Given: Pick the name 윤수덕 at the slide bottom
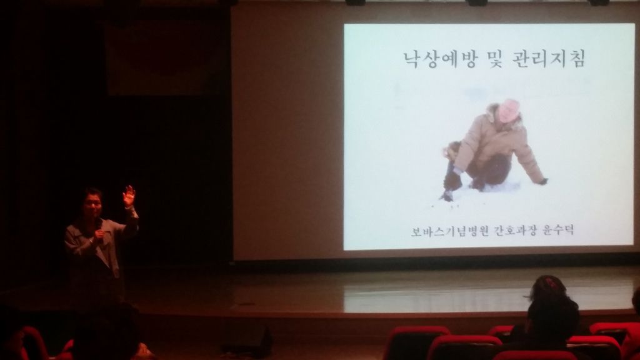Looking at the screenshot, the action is pyautogui.click(x=558, y=230).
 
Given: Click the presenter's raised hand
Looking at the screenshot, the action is pyautogui.click(x=129, y=196).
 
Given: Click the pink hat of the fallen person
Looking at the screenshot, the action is pyautogui.click(x=509, y=110).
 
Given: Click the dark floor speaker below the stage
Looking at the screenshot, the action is pyautogui.click(x=247, y=340).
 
